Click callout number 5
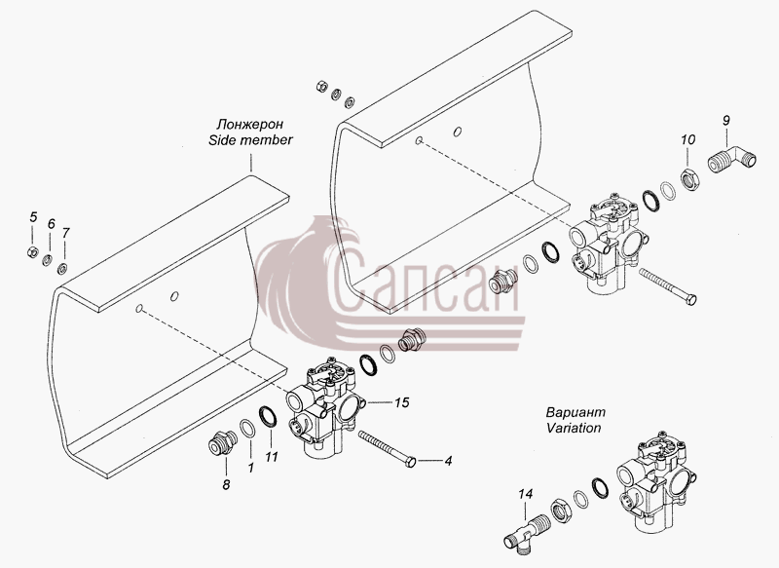pyautogui.click(x=33, y=217)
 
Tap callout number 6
pyautogui.click(x=52, y=224)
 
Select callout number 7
pyautogui.click(x=65, y=233)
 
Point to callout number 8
pyautogui.click(x=226, y=484)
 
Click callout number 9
pyautogui.click(x=726, y=120)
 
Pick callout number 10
pyautogui.click(x=688, y=139)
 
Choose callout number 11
pyautogui.click(x=272, y=457)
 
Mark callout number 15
pyautogui.click(x=402, y=402)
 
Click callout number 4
pyautogui.click(x=448, y=461)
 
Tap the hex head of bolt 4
pyautogui.click(x=411, y=463)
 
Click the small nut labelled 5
pyautogui.click(x=32, y=252)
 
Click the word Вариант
pyautogui.click(x=575, y=412)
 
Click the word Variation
pyautogui.click(x=574, y=428)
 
